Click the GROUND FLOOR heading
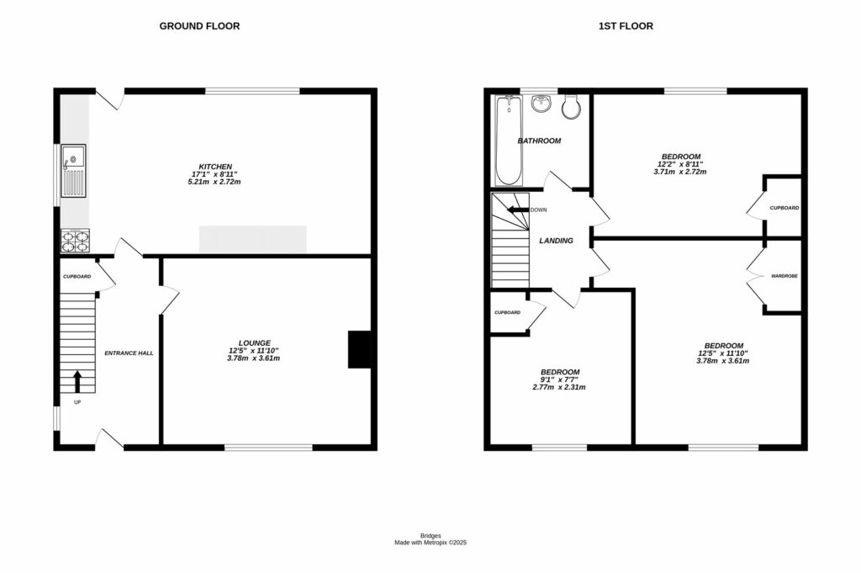[199, 26]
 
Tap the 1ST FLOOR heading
[626, 26]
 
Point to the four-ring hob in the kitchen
[73, 241]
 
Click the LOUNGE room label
[254, 342]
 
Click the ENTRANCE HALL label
[129, 353]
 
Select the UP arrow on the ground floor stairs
[78, 382]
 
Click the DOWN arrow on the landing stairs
[516, 210]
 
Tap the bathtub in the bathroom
[507, 141]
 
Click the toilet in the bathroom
[572, 107]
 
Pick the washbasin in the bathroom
[541, 103]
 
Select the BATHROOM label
[539, 141]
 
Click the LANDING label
[556, 241]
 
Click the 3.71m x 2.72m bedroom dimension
[680, 172]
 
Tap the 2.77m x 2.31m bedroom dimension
[559, 387]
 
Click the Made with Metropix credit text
[430, 543]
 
